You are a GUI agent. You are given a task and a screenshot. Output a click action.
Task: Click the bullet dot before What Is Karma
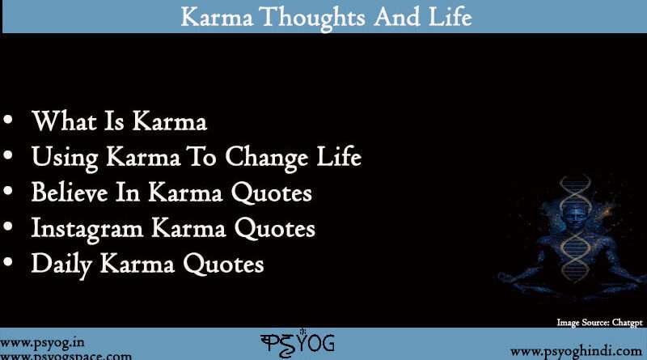9,122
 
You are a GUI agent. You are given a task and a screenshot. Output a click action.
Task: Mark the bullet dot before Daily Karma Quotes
9,265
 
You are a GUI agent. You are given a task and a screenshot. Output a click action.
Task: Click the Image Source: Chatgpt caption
599,322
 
